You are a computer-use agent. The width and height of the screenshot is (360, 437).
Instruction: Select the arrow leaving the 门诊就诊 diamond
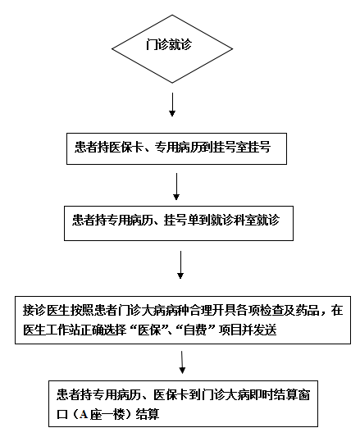172,104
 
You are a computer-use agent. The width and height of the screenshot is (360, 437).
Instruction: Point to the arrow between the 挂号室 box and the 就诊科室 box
176,186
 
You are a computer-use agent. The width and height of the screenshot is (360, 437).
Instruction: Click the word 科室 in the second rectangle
244,220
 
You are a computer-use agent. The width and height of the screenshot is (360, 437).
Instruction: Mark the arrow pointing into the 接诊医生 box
180,265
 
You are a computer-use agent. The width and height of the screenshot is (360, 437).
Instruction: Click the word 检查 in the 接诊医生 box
271,310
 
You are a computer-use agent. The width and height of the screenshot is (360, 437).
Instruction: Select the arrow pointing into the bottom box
182,362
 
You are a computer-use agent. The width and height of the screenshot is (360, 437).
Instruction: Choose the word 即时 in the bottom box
262,394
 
